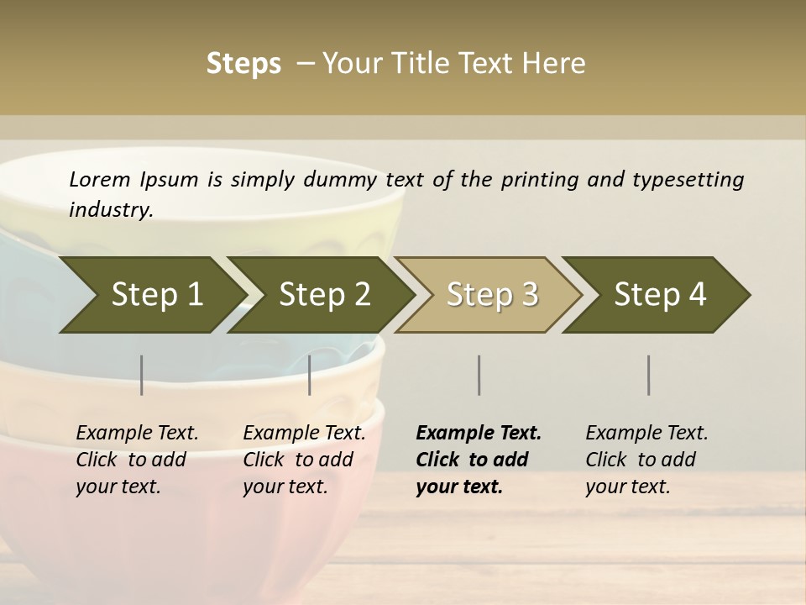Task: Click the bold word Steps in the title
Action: tap(243, 64)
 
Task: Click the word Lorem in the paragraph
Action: tap(100, 179)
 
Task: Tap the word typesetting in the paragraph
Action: tap(688, 179)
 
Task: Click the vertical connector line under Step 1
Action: tap(142, 375)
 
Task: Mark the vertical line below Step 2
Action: tap(310, 375)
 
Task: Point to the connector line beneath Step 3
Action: tap(479, 375)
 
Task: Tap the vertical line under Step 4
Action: tap(649, 375)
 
